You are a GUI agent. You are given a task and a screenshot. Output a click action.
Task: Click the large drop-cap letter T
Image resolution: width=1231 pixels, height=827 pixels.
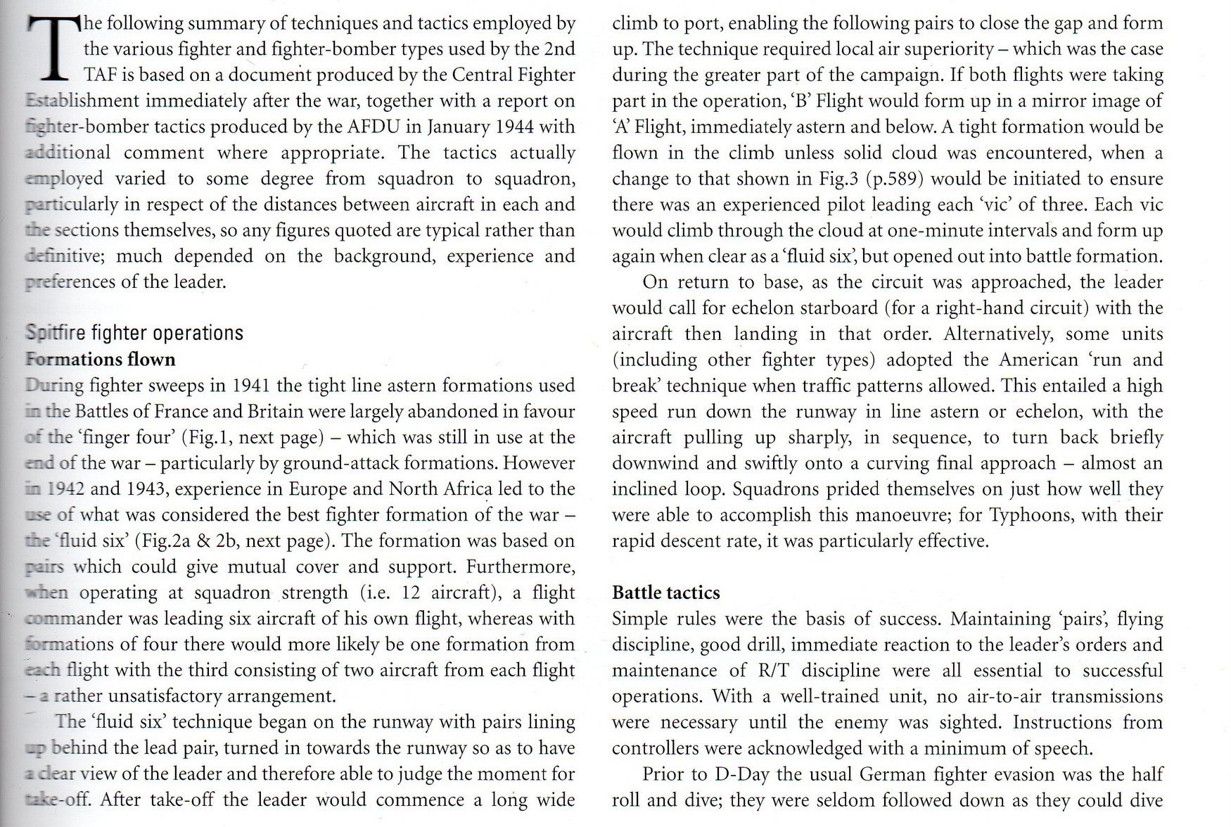click(53, 49)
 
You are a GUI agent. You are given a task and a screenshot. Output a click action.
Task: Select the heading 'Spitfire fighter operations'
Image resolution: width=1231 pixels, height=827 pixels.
click(134, 333)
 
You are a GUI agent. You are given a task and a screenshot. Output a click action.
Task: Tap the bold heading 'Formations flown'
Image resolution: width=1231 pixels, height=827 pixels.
click(101, 359)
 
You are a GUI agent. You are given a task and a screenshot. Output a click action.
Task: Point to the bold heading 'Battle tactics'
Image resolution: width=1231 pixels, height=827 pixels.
click(665, 593)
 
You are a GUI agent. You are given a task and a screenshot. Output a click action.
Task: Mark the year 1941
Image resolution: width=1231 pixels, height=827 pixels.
click(252, 385)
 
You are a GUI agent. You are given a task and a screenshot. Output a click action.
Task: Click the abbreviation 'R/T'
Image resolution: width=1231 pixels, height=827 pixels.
click(772, 670)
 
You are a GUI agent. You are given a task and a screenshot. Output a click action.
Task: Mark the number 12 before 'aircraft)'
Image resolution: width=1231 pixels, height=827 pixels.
click(411, 593)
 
